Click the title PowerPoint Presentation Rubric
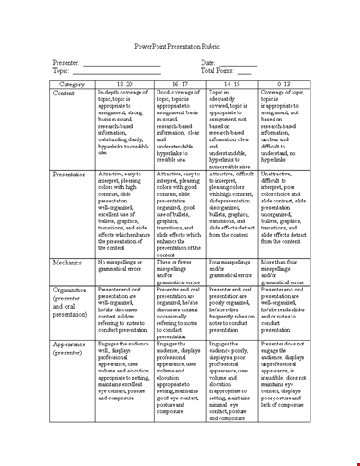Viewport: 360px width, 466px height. [x=179, y=46]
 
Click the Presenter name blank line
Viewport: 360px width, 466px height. [x=121, y=63]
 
